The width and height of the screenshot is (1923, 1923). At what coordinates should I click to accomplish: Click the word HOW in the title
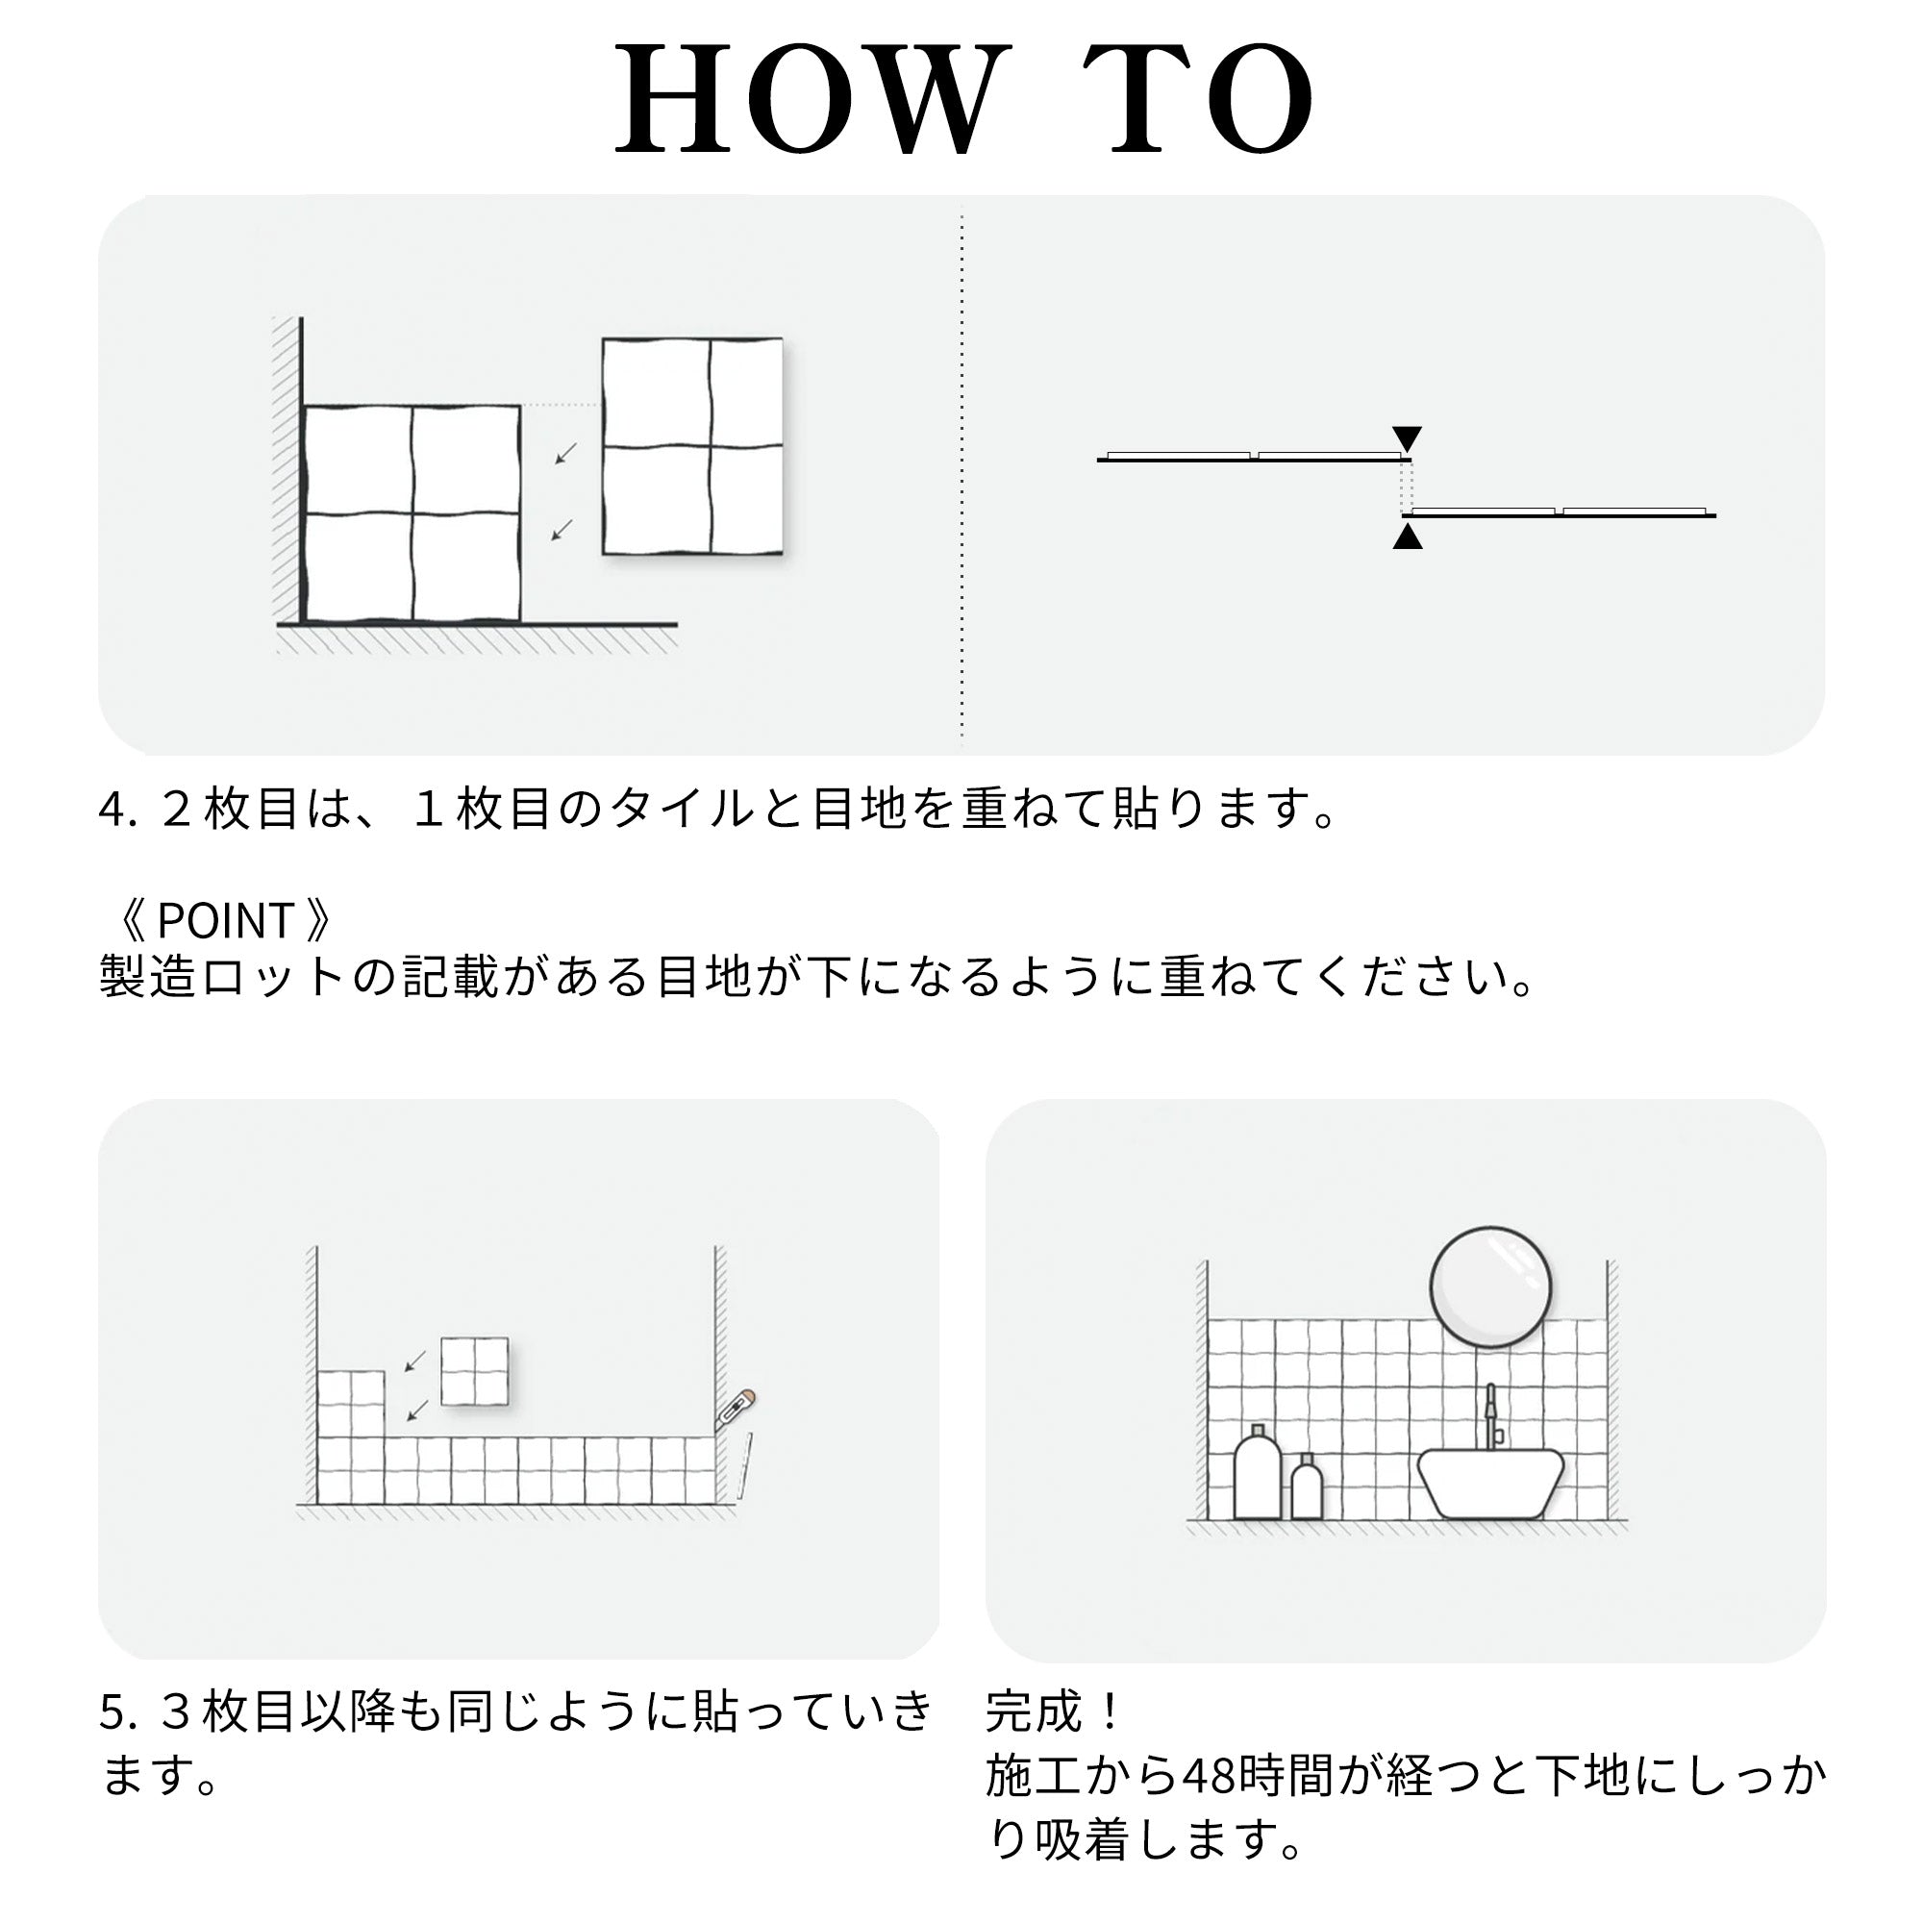coord(808,100)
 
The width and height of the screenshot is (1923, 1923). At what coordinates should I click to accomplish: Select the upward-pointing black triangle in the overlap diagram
coord(1407,537)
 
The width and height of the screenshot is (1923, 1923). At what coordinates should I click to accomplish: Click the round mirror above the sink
coord(1490,1287)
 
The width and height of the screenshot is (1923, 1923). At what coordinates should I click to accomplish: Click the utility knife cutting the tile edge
coord(736,1411)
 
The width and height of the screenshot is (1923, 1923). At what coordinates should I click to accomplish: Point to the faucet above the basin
coord(1490,1415)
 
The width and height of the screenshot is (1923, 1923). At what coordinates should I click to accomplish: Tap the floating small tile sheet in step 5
coord(475,1372)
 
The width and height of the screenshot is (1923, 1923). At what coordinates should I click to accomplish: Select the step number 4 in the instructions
coord(111,810)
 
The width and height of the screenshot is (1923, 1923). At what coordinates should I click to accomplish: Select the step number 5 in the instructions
coord(111,1712)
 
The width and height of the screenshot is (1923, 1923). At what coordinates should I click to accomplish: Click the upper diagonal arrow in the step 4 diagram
coord(565,454)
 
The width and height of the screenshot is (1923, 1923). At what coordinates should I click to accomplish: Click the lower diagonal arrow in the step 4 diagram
coord(562,531)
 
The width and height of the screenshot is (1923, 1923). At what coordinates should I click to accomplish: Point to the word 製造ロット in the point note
coord(223,977)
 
